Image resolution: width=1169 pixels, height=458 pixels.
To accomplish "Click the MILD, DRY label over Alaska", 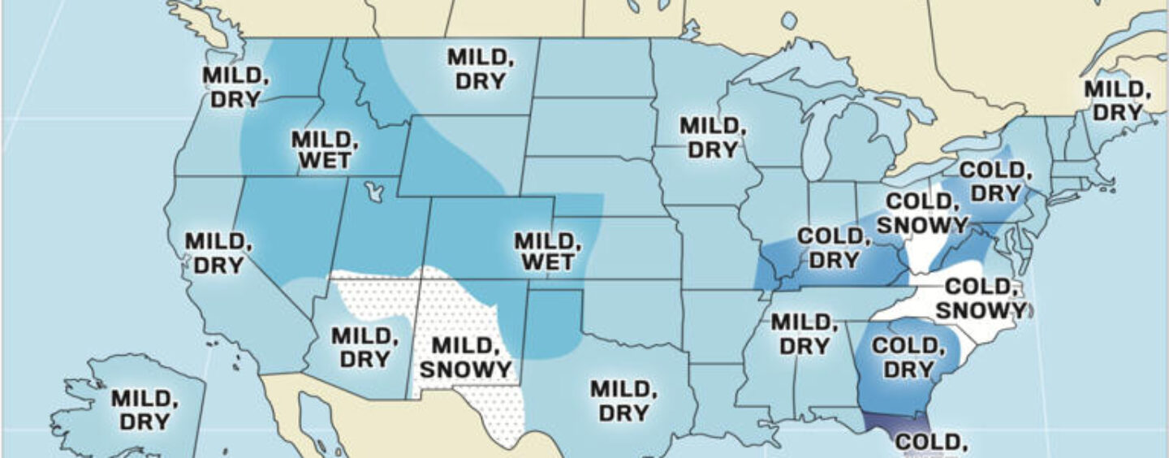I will (140, 410).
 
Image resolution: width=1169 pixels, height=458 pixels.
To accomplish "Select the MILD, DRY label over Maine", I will (1118, 101).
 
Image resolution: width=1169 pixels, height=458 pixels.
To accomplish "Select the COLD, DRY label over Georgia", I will (908, 358).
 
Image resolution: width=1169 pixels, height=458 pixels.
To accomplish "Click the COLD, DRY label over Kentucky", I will (834, 248).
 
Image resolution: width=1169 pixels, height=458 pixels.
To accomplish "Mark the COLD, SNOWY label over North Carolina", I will (981, 298).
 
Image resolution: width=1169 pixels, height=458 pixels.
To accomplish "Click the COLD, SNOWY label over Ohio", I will (925, 213).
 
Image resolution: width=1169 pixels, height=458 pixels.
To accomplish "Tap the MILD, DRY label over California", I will (214, 253).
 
